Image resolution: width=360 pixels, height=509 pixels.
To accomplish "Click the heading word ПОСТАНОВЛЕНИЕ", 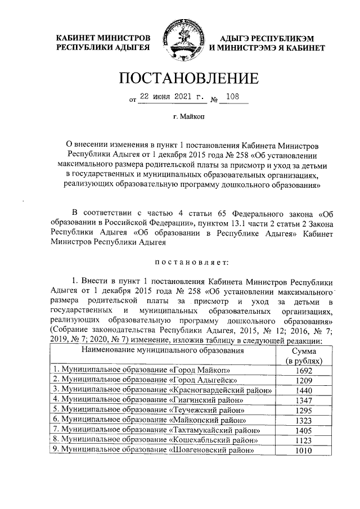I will [x=180, y=78].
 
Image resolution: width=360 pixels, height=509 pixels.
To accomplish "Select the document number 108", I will [x=231, y=96].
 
